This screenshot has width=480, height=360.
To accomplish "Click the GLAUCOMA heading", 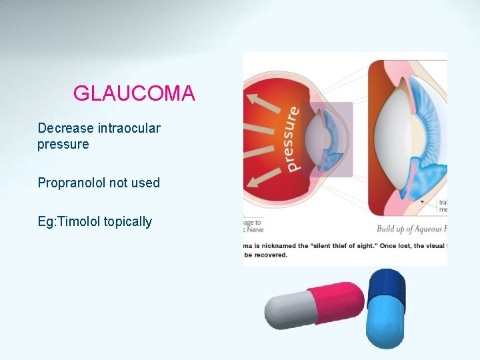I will [134, 93].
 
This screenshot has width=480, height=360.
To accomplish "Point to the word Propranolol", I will [71, 183].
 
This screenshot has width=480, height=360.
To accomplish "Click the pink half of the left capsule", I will [337, 301].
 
